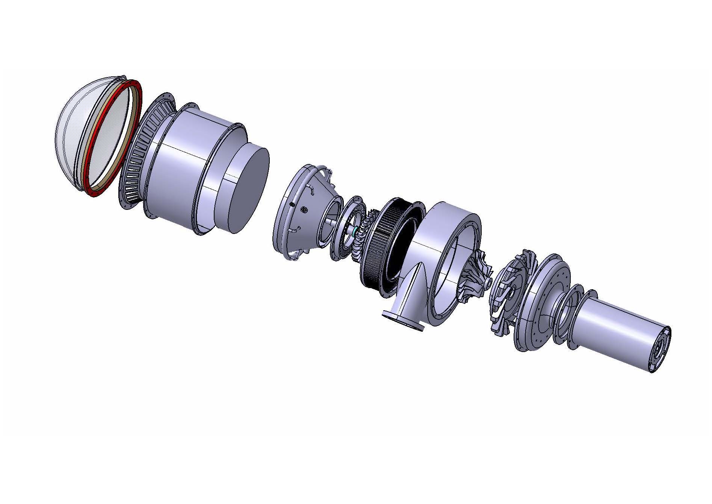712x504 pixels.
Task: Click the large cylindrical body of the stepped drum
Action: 177,169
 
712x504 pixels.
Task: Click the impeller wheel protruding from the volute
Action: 475,278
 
